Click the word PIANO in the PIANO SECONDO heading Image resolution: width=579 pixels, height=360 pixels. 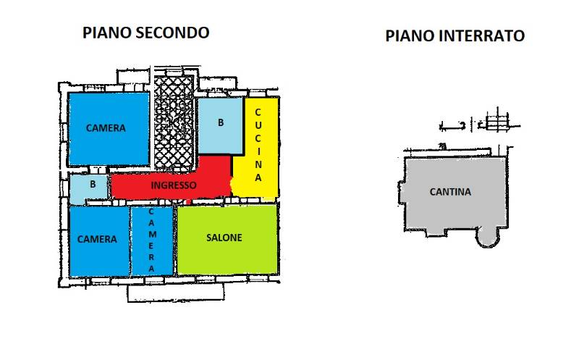(107, 33)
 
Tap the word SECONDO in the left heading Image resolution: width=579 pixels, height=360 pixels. (172, 33)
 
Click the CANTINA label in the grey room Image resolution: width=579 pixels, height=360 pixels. (450, 192)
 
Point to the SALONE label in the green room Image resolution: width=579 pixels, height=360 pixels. (224, 238)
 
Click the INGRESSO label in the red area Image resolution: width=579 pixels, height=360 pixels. (174, 185)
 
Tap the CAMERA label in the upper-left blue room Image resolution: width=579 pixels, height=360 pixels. (106, 128)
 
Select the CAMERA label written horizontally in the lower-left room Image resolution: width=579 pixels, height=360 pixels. (97, 239)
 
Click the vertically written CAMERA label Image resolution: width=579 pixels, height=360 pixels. (151, 240)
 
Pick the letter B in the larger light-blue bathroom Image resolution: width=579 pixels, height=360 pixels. (221, 122)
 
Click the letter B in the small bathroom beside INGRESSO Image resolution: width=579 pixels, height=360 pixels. (93, 184)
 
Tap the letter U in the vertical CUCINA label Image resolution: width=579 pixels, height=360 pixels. (258, 125)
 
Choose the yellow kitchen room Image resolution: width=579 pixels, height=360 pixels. (256, 147)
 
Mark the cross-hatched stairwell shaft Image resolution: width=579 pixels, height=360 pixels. (174, 124)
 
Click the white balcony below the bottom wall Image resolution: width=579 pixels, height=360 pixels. (176, 293)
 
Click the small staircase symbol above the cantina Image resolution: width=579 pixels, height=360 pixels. (497, 121)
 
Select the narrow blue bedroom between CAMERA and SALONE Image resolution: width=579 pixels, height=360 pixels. (153, 240)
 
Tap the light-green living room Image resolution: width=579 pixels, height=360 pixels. (227, 239)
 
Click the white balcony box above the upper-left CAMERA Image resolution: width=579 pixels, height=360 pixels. (133, 77)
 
